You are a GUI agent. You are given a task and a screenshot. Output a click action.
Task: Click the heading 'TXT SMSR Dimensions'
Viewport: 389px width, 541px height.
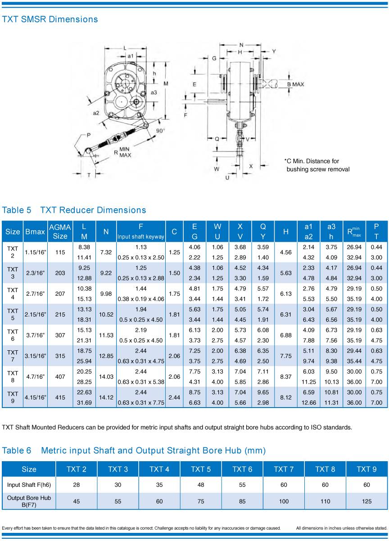50,19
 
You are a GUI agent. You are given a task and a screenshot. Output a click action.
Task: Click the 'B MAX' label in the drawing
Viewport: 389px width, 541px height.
295,84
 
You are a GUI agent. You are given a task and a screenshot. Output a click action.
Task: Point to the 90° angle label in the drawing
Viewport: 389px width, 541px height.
160,130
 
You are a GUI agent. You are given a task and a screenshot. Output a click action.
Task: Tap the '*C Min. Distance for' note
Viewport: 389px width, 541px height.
312,161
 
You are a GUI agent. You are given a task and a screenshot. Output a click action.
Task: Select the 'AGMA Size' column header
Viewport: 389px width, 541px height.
60,232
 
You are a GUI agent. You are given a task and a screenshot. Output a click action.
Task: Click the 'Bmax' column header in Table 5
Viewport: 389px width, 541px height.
35,232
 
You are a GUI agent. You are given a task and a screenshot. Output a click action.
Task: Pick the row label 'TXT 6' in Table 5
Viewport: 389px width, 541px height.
13,335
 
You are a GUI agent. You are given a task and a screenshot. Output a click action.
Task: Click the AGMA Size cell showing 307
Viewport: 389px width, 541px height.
60,335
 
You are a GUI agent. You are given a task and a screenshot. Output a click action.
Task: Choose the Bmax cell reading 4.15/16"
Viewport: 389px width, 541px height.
35,398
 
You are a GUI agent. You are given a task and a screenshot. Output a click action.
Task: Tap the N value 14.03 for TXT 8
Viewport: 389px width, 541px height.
106,377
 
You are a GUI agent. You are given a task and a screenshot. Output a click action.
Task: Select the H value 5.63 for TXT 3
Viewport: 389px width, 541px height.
286,273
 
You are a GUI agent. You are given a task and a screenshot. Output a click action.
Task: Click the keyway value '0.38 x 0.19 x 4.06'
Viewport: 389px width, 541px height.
141,299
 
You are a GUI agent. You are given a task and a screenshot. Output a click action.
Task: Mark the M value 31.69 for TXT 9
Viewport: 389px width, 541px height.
84,403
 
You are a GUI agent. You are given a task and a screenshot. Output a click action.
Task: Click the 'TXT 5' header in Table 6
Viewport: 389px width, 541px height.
201,469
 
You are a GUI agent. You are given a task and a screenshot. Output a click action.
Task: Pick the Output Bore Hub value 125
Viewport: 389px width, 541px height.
366,501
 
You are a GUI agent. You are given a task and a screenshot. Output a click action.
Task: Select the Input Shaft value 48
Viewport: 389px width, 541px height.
201,485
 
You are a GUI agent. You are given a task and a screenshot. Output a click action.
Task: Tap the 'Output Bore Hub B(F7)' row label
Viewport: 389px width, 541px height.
29,501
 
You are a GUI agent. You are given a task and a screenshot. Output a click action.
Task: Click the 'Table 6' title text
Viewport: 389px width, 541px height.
17,450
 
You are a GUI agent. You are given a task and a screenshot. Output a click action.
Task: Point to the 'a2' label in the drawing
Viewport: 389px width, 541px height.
96,113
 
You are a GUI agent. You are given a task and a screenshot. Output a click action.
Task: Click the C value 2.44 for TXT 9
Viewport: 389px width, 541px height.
174,398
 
